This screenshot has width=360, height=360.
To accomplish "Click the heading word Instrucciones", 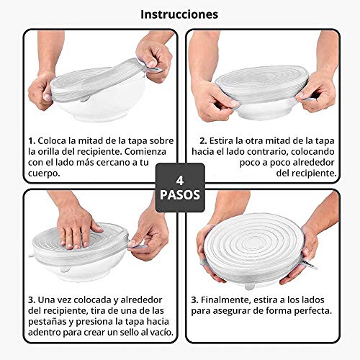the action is pos(179,14).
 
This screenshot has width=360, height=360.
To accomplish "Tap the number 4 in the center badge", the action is pos(180,181).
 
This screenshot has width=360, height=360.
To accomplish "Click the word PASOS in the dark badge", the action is pos(180,194).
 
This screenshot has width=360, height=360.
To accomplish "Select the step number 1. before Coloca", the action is pos(32,141).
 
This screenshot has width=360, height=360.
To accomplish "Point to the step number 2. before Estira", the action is pos(203,141).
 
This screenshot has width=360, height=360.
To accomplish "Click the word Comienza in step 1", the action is pos(145,152).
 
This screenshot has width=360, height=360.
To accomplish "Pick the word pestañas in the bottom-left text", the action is pos(48,323).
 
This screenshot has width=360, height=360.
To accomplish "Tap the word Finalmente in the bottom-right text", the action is pos(225,300).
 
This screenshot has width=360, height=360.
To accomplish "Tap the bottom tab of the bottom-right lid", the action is pos(249,286).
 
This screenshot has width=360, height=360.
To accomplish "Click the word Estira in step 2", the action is pos(221,141).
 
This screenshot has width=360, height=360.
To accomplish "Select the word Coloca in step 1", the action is pos(52,141).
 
